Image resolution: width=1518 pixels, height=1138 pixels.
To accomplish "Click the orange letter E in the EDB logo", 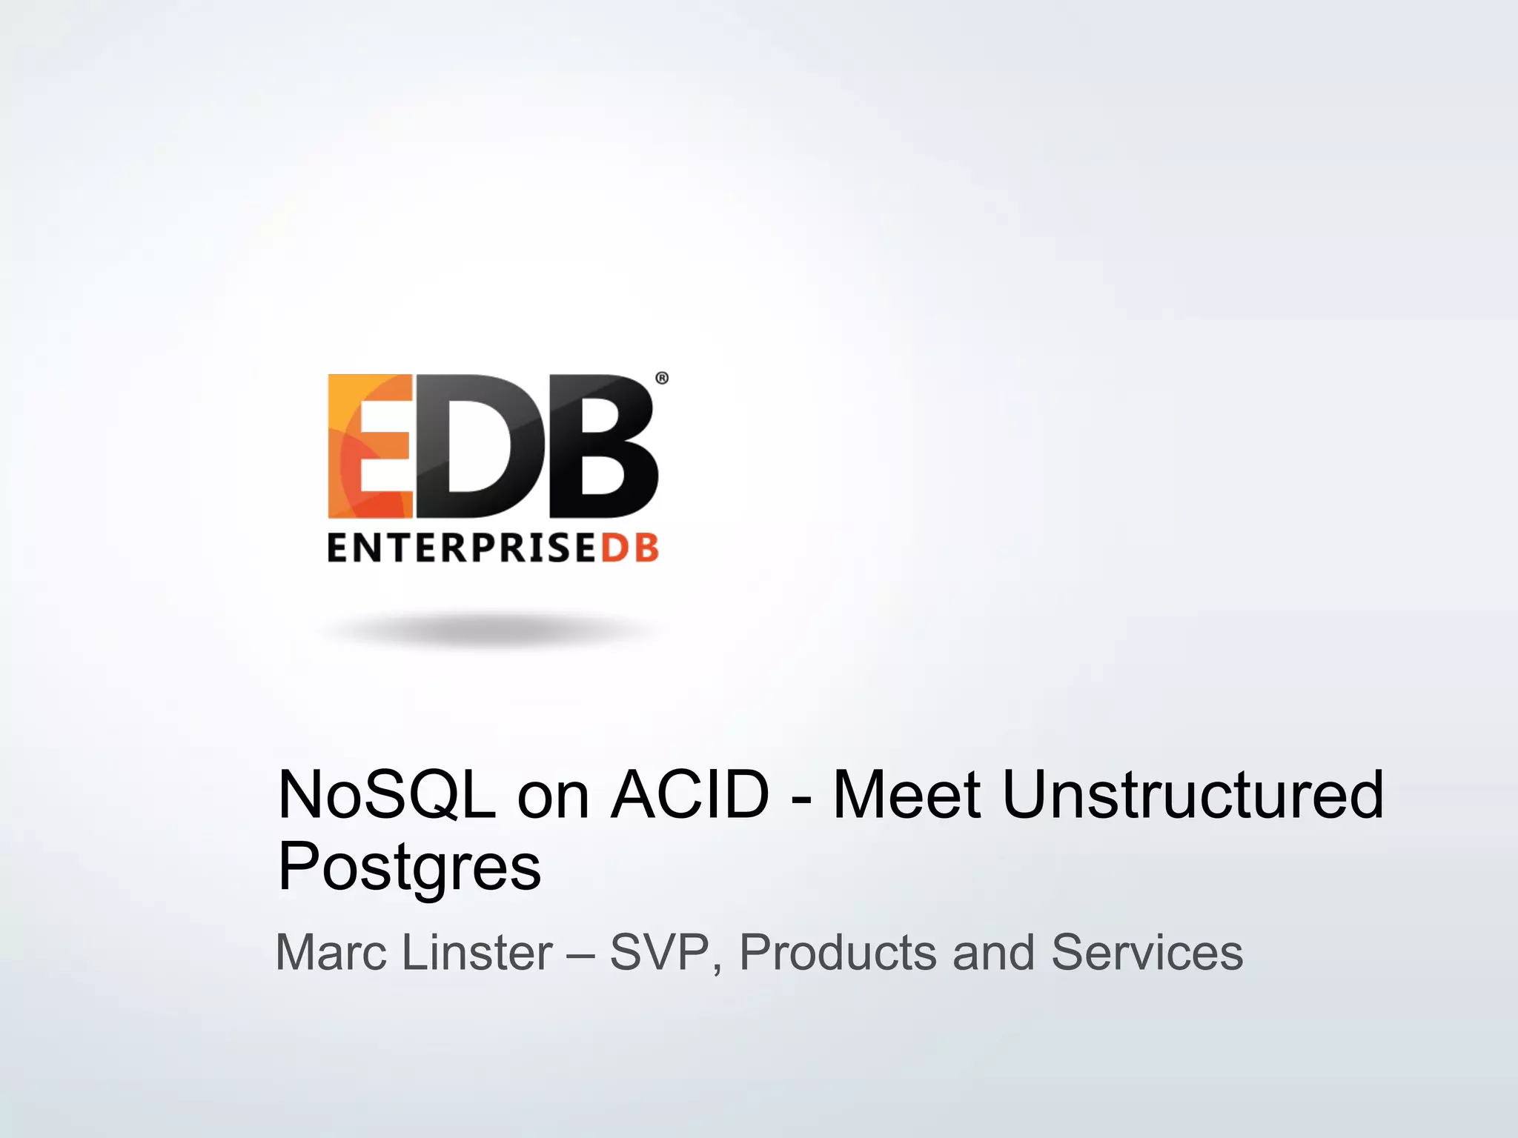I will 369,446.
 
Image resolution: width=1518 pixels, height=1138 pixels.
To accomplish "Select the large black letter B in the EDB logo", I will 602,446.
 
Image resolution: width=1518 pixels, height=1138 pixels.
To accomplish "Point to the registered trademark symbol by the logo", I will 662,379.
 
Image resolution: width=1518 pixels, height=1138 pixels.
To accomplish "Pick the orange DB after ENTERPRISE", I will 629,548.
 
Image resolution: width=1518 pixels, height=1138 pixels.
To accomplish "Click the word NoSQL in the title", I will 386,795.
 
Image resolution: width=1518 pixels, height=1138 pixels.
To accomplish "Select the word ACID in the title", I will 689,795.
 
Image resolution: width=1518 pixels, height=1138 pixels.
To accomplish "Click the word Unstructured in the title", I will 1193,795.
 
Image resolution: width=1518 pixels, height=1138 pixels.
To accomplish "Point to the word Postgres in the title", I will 409,867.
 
